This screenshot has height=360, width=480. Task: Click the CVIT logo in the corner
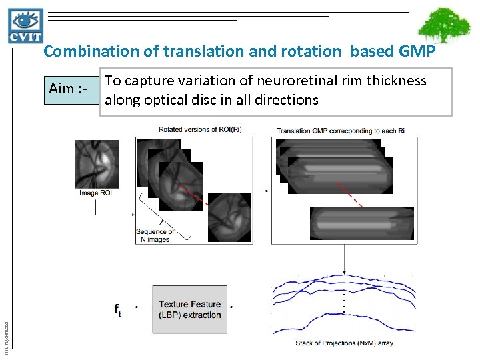coord(26,25)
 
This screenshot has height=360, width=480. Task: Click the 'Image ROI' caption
coord(96,193)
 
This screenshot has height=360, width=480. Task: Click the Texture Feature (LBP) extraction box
coord(189,309)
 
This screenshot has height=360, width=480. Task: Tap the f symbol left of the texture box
coord(117,309)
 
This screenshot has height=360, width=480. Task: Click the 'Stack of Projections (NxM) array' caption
coord(344,343)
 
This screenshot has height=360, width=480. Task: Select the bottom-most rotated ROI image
coord(229,217)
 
